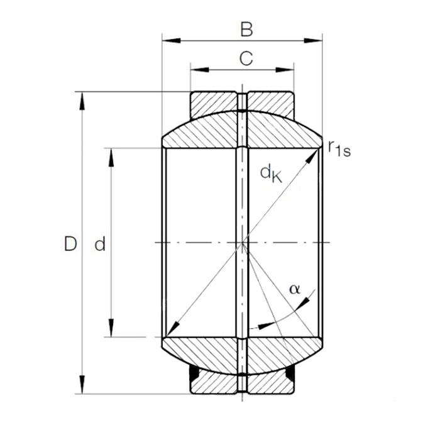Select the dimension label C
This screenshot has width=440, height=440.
tap(246, 58)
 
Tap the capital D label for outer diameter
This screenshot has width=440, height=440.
tap(70, 244)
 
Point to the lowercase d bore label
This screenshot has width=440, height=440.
tap(100, 245)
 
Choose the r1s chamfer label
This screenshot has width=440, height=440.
tap(339, 148)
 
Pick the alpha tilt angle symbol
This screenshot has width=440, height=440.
tap(294, 289)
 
